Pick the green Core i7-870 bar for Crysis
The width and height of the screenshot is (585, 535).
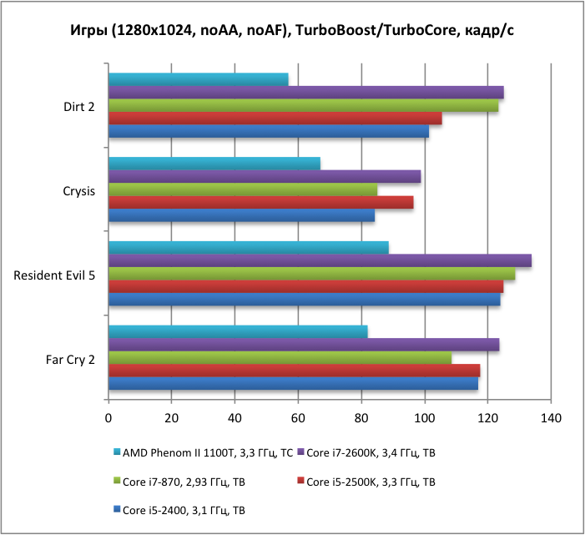pos(243,189)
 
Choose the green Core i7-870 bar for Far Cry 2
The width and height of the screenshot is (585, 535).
pos(280,358)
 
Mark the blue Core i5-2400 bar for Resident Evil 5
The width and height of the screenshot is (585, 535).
pos(304,300)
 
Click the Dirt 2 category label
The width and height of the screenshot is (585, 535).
pos(79,107)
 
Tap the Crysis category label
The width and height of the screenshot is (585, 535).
pos(78,190)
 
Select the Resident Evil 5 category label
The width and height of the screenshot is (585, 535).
pos(54,275)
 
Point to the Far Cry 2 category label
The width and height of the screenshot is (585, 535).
pos(70,360)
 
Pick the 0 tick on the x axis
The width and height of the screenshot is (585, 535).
pos(108,416)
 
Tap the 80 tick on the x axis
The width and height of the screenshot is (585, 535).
pos(361,416)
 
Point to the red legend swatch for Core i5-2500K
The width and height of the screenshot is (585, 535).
pos(300,482)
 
